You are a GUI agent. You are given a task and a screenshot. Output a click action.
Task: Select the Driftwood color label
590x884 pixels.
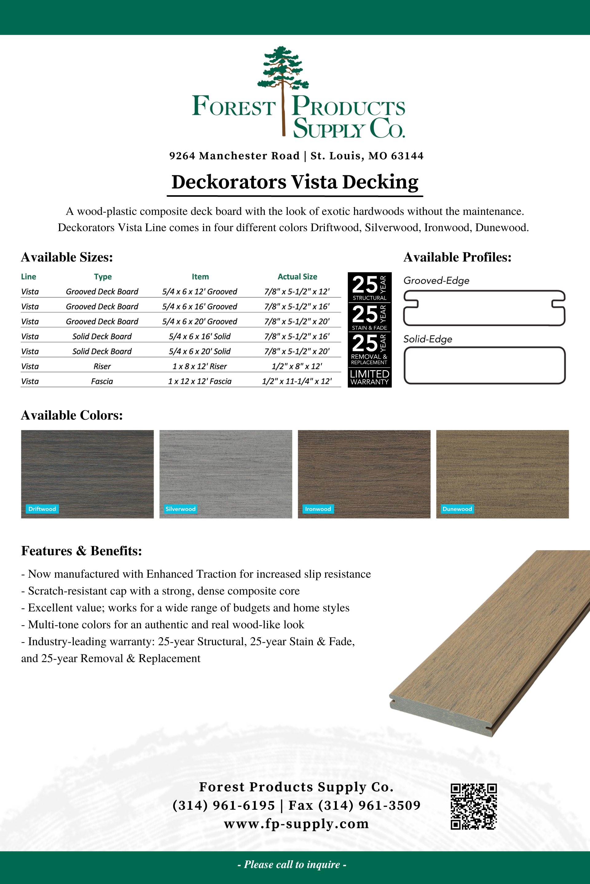click(x=42, y=509)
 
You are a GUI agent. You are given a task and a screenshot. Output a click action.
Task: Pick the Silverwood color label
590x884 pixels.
click(x=181, y=509)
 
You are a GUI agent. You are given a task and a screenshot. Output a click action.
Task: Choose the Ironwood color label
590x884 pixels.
click(x=318, y=509)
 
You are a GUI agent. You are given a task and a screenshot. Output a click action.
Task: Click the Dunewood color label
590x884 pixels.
click(x=457, y=509)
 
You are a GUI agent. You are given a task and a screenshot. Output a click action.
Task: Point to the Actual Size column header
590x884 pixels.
click(x=297, y=277)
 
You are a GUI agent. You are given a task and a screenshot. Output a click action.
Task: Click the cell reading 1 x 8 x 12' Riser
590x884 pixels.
click(x=200, y=366)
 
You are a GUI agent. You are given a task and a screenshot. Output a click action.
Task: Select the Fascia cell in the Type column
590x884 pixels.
click(x=102, y=382)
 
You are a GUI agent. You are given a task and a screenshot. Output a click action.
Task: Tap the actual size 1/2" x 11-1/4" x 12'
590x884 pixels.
click(x=297, y=382)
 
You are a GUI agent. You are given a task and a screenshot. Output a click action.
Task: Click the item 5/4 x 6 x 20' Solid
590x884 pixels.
click(x=200, y=351)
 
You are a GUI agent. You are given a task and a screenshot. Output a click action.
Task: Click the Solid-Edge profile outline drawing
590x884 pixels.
click(x=484, y=365)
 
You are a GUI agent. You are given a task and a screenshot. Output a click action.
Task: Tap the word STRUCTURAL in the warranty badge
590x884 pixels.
click(x=369, y=298)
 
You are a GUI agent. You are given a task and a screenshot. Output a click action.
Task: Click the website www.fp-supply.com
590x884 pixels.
click(x=297, y=824)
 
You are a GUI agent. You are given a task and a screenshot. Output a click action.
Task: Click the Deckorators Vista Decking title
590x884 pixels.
click(x=295, y=182)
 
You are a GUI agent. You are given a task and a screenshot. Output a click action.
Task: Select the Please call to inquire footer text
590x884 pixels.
click(x=292, y=864)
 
